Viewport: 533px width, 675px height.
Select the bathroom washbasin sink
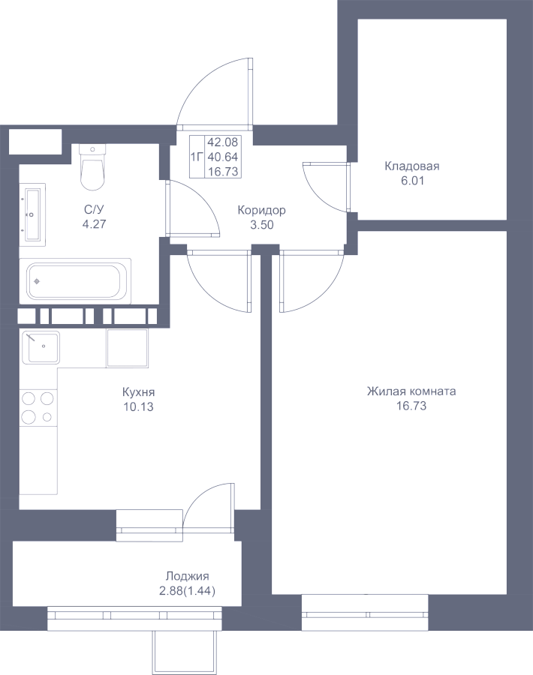point(33,214)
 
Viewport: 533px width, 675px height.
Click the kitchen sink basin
point(40,347)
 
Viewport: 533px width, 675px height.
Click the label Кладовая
point(412,166)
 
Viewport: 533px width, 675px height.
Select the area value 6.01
point(412,181)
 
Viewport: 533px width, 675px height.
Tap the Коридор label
point(261,211)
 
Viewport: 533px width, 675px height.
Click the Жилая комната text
point(411,391)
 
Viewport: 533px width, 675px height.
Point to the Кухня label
point(138,392)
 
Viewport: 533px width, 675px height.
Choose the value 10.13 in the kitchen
point(138,406)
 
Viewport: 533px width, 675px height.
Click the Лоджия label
point(188,577)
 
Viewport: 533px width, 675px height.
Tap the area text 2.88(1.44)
point(188,591)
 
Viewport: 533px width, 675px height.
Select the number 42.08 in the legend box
point(223,142)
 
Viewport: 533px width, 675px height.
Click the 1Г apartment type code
point(197,157)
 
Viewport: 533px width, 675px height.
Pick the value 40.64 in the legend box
point(223,157)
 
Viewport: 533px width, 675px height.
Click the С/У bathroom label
point(94,210)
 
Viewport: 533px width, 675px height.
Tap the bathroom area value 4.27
point(94,224)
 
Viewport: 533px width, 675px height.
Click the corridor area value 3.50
point(262,225)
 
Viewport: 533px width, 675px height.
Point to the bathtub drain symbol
point(37,281)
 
